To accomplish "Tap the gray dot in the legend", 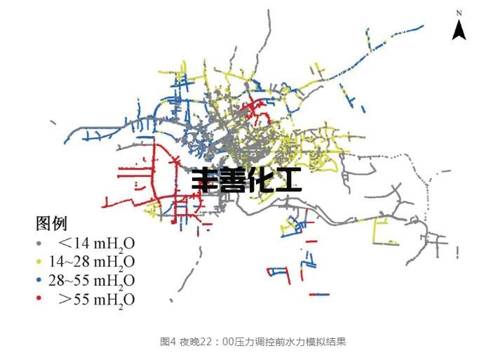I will (39, 244).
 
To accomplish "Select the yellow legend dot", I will (39, 262).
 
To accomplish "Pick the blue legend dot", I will (39, 281).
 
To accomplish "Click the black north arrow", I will (459, 29).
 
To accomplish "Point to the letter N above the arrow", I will (459, 13).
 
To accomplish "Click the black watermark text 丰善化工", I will (247, 180).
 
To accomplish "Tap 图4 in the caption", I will (168, 342).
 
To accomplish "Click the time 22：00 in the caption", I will (210, 342).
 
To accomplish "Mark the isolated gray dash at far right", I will (458, 251).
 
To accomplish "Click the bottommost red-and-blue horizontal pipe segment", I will (320, 295).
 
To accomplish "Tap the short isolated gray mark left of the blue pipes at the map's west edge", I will (54, 124).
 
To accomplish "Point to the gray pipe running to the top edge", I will (268, 28).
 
